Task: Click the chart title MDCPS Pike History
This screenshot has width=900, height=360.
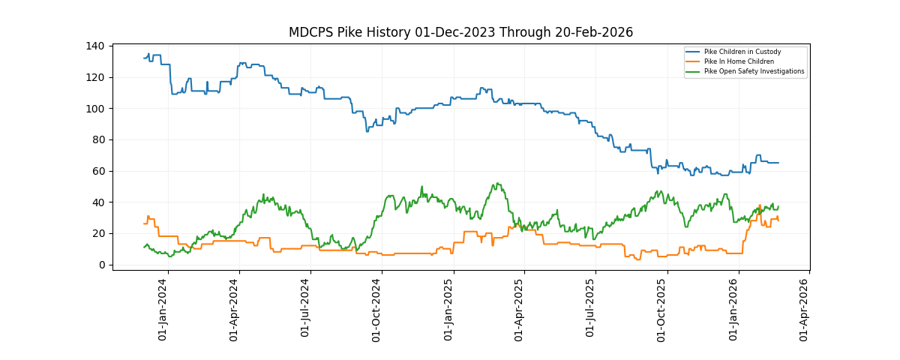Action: tap(460, 32)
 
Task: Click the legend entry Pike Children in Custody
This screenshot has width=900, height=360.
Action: tap(742, 52)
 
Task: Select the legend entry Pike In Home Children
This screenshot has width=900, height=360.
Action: tap(739, 61)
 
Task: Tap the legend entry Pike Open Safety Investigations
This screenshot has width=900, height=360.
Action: tap(754, 71)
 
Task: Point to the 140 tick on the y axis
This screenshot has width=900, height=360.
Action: tap(95, 46)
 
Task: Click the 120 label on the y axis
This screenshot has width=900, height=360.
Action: tap(95, 77)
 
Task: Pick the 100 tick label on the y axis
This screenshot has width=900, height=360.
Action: tap(95, 109)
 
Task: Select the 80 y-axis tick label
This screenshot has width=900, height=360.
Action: tap(97, 140)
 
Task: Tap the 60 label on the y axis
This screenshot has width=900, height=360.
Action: tap(97, 171)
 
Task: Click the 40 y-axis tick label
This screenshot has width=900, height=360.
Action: tap(97, 202)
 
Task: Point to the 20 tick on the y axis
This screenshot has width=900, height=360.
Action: tap(97, 234)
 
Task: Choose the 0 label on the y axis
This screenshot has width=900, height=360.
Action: tap(100, 265)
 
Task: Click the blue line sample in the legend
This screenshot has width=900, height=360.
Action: tap(693, 52)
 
